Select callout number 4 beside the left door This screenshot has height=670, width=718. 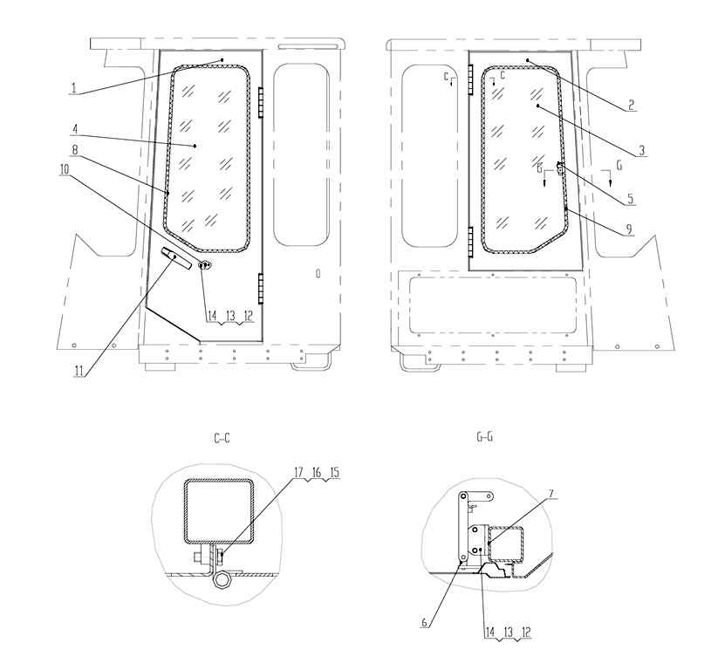[76, 130]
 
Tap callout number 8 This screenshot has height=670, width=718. [75, 150]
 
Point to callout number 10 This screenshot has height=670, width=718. [64, 169]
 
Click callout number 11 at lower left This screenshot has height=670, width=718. [79, 371]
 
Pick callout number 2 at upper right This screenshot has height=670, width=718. [631, 106]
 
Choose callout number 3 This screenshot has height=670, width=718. [641, 150]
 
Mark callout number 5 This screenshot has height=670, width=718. [630, 199]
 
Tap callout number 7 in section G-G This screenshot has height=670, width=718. [551, 494]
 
